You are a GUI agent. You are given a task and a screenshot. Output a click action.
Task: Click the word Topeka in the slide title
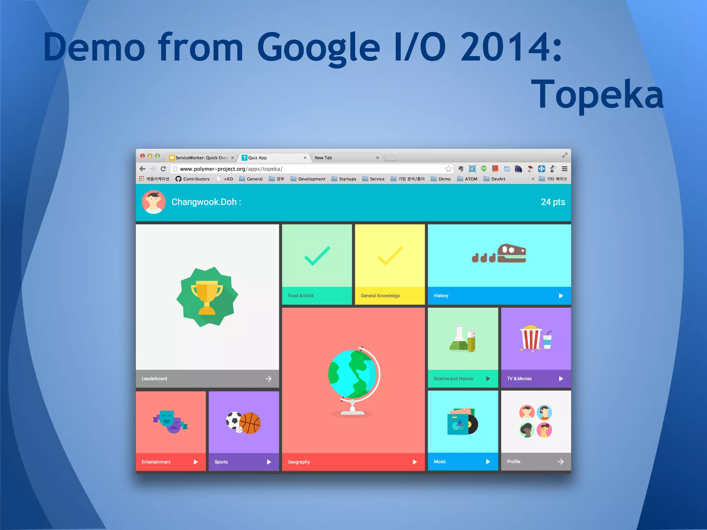coord(597,94)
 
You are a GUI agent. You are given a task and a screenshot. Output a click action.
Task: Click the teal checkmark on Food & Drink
coord(317,256)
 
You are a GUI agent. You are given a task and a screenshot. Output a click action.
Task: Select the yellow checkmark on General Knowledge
coord(390,256)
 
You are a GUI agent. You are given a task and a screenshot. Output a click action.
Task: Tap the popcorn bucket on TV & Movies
coord(531,338)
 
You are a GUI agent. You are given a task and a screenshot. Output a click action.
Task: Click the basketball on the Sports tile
coord(250,423)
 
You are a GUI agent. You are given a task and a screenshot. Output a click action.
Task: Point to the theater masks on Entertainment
coord(170,422)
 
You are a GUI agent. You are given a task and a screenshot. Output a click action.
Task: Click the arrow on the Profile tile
coord(560,462)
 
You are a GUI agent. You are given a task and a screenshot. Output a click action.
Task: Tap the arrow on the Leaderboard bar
coord(269,379)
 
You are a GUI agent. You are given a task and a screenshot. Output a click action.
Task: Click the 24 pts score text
coord(553,202)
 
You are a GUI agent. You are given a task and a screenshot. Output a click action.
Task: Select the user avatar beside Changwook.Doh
coord(154,202)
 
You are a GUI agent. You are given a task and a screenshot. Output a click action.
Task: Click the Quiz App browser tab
coord(273,158)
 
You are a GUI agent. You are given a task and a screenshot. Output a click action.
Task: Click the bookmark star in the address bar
coord(448,169)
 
